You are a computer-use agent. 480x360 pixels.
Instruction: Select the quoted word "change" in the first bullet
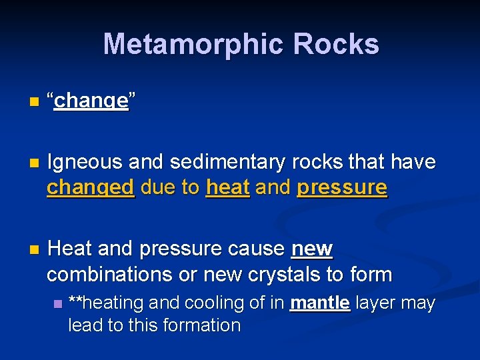point(91,101)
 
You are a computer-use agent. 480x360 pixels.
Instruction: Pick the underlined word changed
point(91,188)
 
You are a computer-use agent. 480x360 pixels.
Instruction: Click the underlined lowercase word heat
point(228,188)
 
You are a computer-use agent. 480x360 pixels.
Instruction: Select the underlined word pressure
point(342,188)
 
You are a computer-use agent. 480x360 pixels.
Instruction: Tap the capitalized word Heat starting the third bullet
point(70,249)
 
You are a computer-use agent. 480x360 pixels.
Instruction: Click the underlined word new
point(312,249)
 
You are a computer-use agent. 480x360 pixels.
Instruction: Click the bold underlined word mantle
point(320,303)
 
